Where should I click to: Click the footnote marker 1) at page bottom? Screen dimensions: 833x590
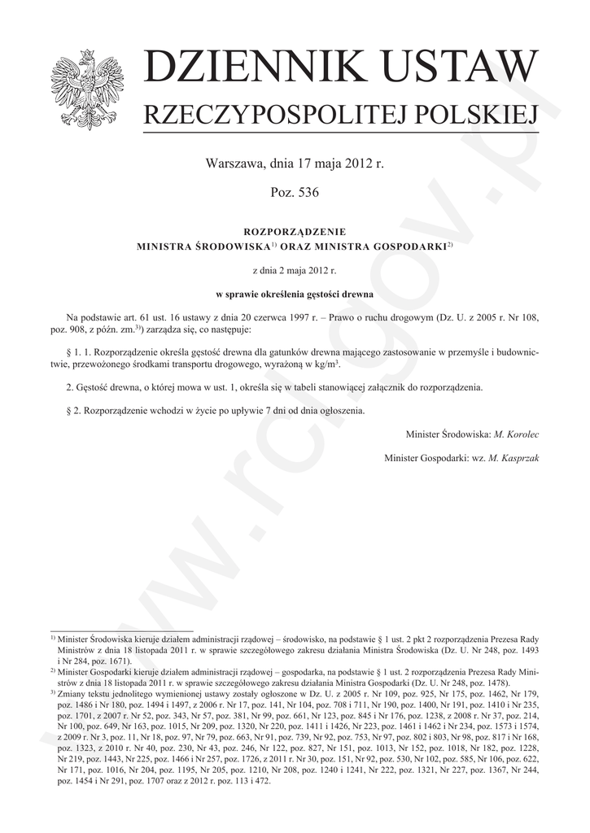coord(53,639)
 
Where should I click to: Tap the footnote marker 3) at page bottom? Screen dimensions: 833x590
coord(53,692)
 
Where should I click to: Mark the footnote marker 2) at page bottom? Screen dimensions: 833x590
coord(53,671)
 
